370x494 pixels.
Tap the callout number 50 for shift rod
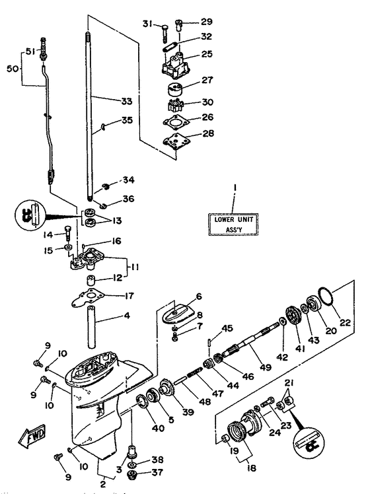pyautogui.click(x=11, y=67)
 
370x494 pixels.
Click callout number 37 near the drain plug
pyautogui.click(x=157, y=472)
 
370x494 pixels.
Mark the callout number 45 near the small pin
pyautogui.click(x=227, y=328)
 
